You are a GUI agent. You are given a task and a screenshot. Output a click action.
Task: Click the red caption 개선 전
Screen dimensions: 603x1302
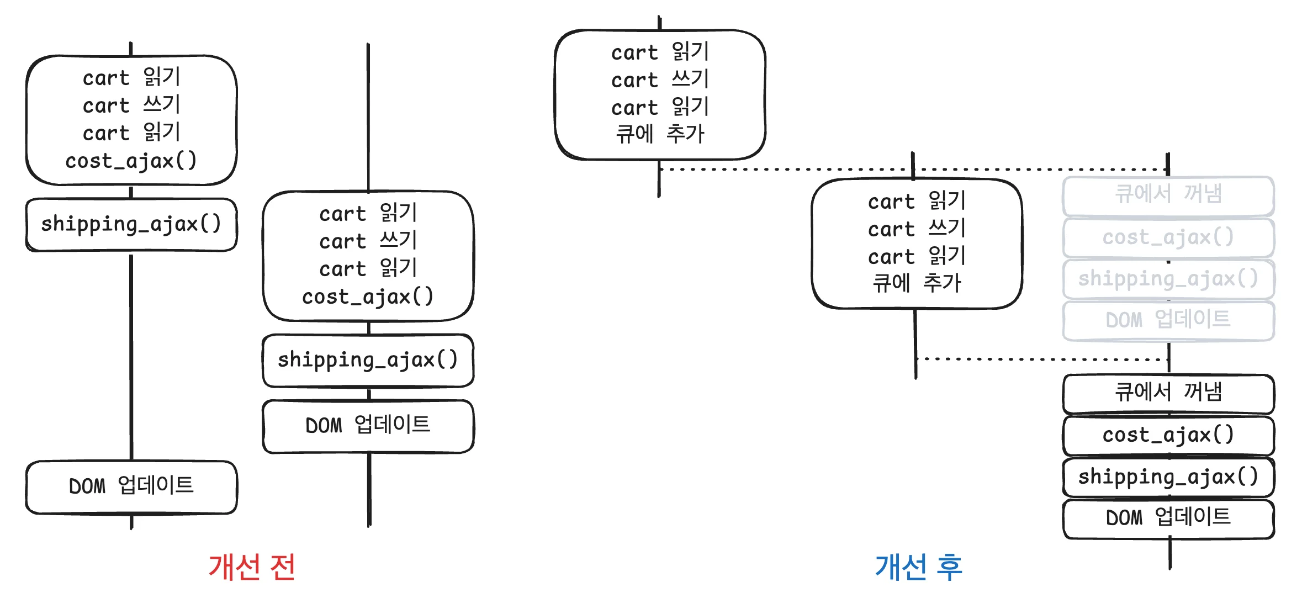click(252, 567)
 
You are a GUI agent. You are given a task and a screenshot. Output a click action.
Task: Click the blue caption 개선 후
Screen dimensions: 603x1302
click(919, 567)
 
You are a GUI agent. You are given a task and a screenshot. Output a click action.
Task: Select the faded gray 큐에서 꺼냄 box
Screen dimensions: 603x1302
click(1168, 194)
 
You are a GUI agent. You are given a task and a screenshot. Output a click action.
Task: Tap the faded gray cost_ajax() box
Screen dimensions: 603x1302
click(1168, 237)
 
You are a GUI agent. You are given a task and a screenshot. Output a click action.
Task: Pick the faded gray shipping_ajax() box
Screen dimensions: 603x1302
click(1168, 279)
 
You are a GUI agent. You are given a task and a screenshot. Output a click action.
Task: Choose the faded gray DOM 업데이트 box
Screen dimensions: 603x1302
click(1168, 320)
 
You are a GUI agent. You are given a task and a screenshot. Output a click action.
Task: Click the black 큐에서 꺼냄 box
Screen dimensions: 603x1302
click(1168, 393)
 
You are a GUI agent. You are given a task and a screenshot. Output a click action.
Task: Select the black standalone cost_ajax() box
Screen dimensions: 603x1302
click(1168, 435)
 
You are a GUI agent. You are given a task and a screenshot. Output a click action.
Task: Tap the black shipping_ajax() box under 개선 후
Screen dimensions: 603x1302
click(1168, 477)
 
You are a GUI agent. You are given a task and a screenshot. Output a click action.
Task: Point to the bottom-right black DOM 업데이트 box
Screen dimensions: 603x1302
click(1168, 518)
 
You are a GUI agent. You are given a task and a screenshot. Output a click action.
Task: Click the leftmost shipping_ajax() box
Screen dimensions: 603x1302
click(131, 224)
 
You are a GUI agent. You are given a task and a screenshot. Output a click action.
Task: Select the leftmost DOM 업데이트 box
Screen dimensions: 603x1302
click(131, 486)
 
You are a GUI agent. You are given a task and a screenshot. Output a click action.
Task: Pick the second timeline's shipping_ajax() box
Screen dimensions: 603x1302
click(368, 360)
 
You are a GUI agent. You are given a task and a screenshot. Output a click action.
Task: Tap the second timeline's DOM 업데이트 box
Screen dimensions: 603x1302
click(368, 425)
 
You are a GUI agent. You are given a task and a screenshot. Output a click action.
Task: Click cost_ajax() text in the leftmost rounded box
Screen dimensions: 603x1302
click(131, 161)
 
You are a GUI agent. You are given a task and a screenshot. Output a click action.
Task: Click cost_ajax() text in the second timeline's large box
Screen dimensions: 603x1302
click(368, 297)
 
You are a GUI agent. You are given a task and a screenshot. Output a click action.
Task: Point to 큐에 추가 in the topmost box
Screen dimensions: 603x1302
click(660, 134)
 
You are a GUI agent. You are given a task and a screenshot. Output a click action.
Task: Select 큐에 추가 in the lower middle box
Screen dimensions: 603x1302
click(917, 283)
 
